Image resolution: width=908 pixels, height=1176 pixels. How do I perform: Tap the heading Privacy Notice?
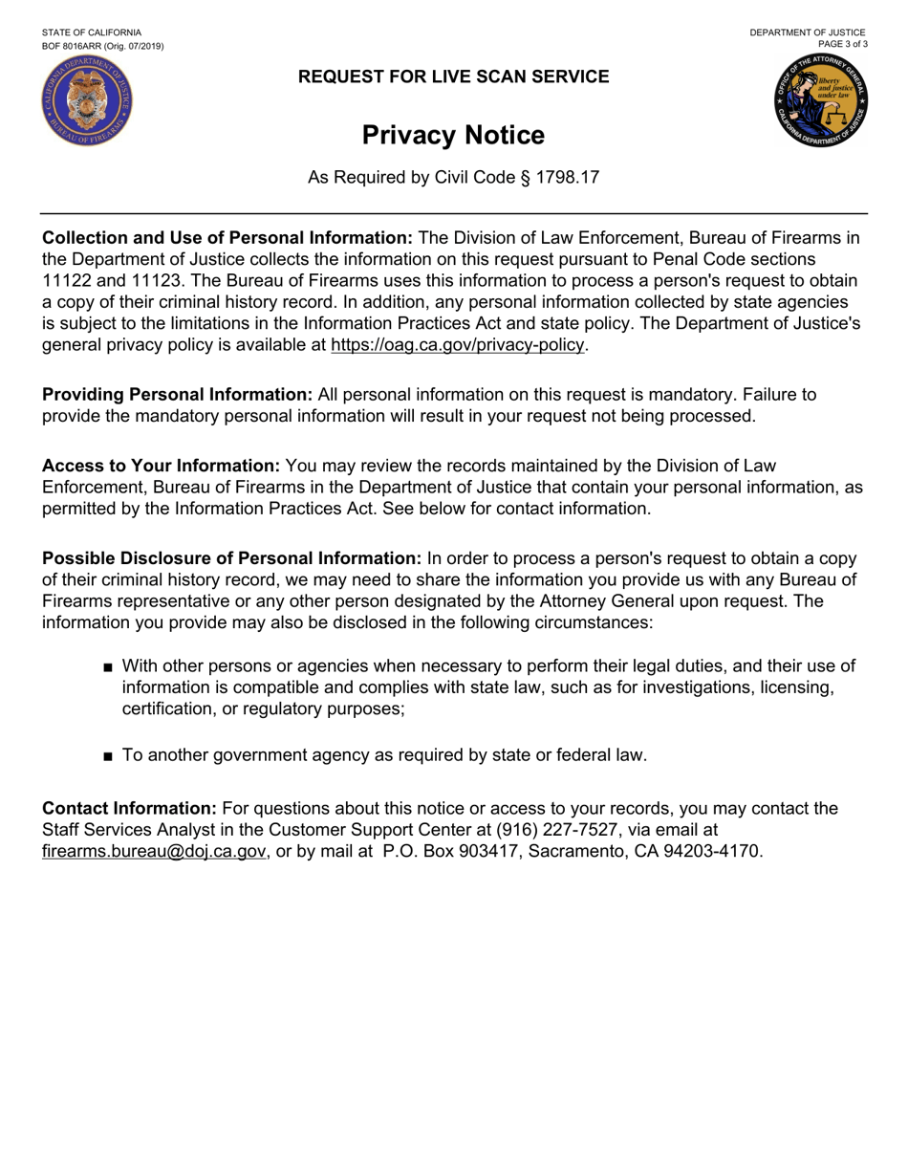(x=453, y=136)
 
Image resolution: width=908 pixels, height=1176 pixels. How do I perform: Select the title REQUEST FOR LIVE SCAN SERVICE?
(x=453, y=77)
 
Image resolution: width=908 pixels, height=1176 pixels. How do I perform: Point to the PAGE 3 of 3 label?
(x=843, y=44)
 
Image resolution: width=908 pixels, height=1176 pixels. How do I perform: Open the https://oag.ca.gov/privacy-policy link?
(x=457, y=345)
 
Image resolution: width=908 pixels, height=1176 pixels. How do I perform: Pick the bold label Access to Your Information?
(x=161, y=466)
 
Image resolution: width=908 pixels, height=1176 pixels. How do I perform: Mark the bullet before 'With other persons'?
(x=108, y=667)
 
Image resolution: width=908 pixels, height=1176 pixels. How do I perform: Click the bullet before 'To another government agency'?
(x=108, y=756)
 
